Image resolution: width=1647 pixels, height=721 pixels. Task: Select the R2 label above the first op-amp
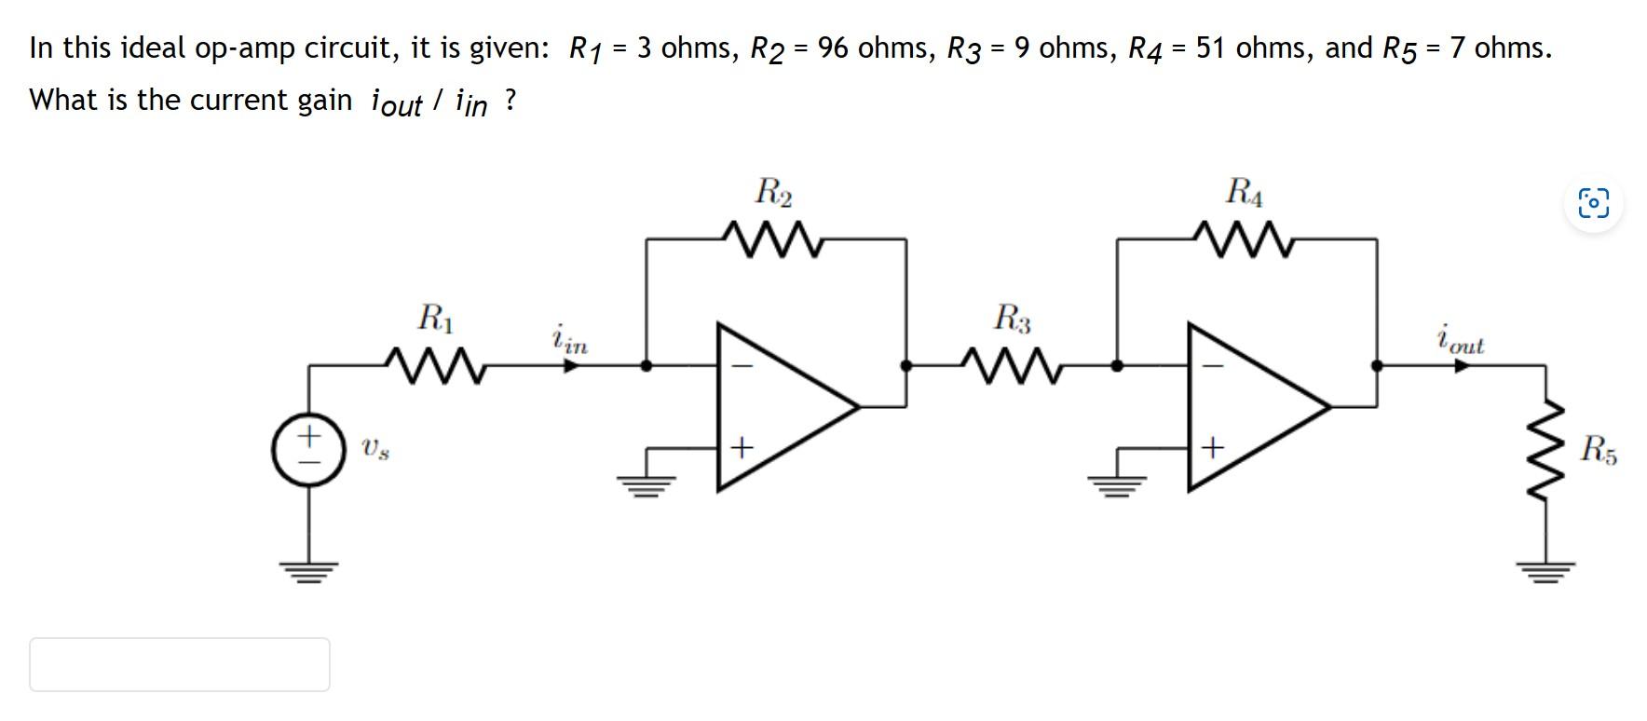click(773, 192)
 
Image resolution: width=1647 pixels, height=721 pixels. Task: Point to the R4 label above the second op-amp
click(1245, 192)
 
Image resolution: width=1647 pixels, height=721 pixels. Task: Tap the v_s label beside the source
click(375, 449)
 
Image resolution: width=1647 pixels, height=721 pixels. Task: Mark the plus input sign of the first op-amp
click(741, 448)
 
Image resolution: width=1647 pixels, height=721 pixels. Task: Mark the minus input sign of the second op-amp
click(1211, 366)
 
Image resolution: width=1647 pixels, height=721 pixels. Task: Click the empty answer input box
click(179, 664)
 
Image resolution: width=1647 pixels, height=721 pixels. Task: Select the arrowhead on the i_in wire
click(572, 365)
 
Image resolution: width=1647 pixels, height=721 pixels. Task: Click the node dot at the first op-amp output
click(905, 365)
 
